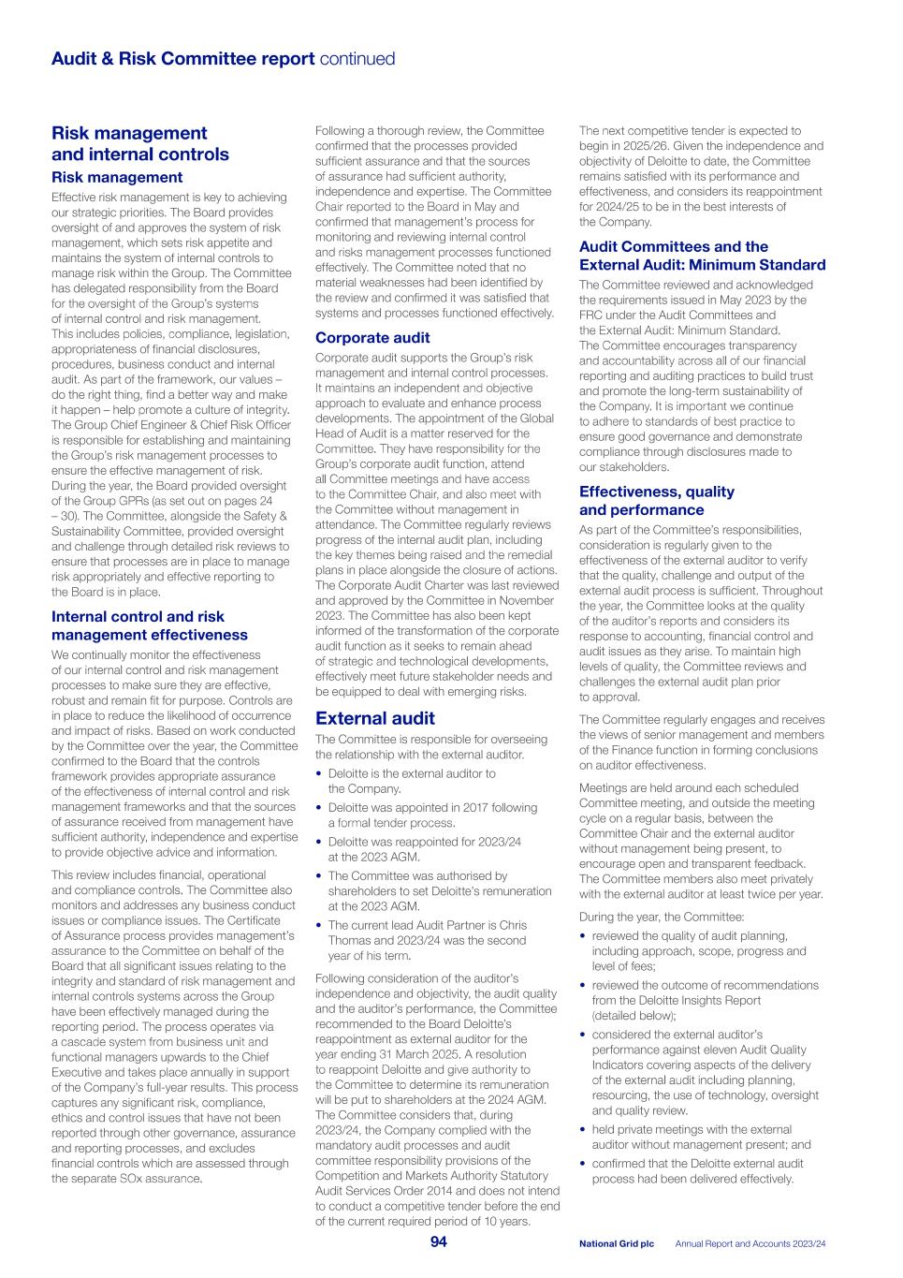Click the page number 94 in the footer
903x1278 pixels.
coord(438,1241)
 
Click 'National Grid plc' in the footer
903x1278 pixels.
coord(616,1243)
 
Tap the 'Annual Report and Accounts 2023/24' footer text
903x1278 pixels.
coord(750,1243)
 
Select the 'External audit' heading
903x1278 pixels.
coord(374,718)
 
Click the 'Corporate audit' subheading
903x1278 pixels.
coord(372,338)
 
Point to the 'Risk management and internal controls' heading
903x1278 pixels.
coord(139,143)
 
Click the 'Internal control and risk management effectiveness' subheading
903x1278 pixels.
coord(150,625)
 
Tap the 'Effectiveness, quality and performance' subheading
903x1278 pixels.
coord(656,501)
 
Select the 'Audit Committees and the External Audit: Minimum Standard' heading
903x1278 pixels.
coord(702,256)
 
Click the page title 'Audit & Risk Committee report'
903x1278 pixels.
coord(182,59)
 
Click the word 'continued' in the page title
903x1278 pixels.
coord(357,59)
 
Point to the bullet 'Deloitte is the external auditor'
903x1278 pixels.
coord(412,781)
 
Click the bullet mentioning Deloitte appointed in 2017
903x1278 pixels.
coord(431,815)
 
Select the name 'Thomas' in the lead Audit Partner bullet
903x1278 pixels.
coord(348,940)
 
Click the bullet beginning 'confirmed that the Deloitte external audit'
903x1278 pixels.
coord(696,1170)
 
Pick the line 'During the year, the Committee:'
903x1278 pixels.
coord(662,917)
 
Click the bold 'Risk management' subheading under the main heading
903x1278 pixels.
coord(117,177)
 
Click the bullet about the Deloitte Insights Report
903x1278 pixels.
coord(704,1000)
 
